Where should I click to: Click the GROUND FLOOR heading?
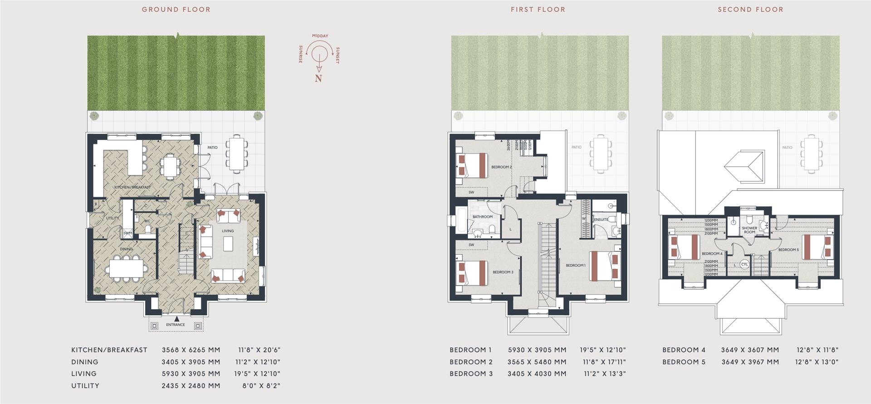[176, 10]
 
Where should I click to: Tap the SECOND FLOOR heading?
[750, 10]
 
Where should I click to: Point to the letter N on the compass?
[318, 78]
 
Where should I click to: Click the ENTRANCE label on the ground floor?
[176, 325]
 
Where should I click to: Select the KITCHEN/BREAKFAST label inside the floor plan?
[132, 187]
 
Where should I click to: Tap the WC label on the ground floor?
[147, 221]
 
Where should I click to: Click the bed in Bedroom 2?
[473, 165]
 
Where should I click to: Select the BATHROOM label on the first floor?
[482, 217]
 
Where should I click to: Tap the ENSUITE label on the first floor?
[602, 219]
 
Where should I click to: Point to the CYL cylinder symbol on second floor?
[744, 264]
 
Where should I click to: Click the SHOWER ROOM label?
[749, 230]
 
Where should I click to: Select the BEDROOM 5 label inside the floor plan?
[788, 250]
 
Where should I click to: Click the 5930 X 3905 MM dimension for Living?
[191, 374]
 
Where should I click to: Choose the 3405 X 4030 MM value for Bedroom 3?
[537, 374]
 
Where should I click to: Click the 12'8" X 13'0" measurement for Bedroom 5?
[817, 362]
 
